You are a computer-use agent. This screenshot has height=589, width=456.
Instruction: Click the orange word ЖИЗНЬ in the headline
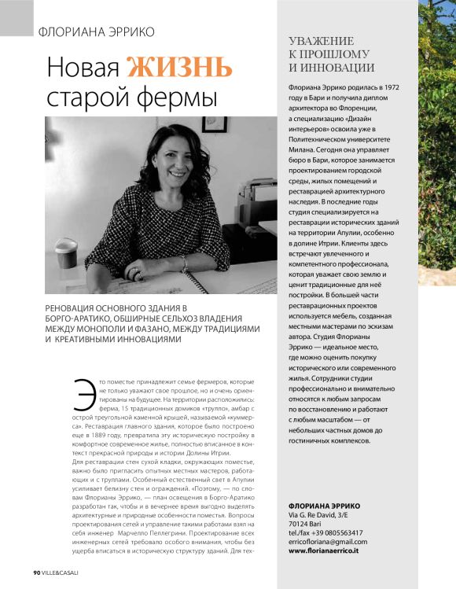[181, 68]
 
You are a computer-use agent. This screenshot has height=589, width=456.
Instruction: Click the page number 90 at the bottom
[36, 572]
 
